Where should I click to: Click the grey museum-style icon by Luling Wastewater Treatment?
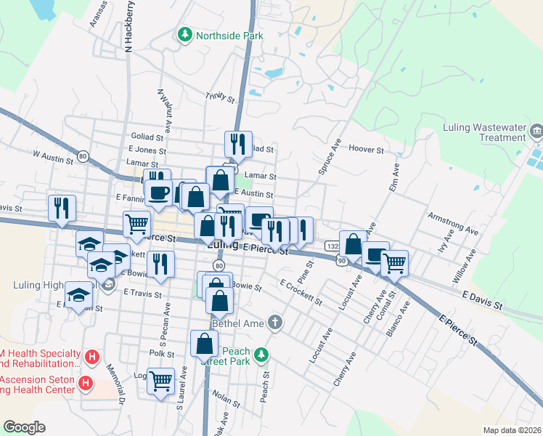pos(536,132)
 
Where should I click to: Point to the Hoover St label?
pos(366,150)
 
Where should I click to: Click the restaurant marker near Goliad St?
pos(237,144)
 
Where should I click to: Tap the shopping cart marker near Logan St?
pos(160,380)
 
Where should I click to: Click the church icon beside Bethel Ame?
pos(274,321)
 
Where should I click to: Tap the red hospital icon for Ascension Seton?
pos(86,382)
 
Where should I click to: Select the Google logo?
pos(25,427)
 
